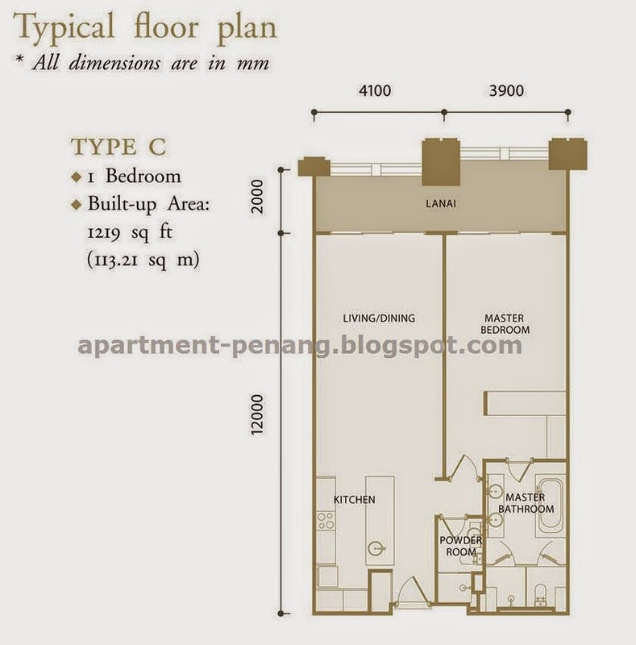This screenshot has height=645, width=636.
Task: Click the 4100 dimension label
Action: coord(375,90)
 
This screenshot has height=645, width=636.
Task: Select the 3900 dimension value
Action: coord(506,90)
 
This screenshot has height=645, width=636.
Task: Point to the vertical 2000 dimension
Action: coord(257,196)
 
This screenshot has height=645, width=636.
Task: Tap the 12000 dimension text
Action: coord(256,414)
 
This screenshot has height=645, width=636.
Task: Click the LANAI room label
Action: coord(441,203)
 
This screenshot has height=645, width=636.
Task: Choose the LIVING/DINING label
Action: coord(379,318)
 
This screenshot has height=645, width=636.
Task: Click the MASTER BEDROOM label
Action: coord(505,324)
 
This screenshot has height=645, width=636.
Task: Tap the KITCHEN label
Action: coord(354,499)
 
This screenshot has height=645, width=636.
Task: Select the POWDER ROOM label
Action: coord(461,546)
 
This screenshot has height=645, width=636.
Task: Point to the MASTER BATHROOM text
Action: coord(526,503)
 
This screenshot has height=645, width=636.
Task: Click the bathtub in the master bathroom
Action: coord(551,506)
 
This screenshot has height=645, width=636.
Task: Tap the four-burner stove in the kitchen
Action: coord(326,520)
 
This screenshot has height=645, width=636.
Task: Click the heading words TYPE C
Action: coord(118,147)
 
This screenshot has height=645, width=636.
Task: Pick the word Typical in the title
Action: coord(64,27)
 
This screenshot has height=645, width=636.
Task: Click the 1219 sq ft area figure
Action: coord(130,232)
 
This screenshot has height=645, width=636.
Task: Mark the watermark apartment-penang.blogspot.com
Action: coord(300,345)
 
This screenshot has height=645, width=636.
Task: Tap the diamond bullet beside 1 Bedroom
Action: coord(77,177)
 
